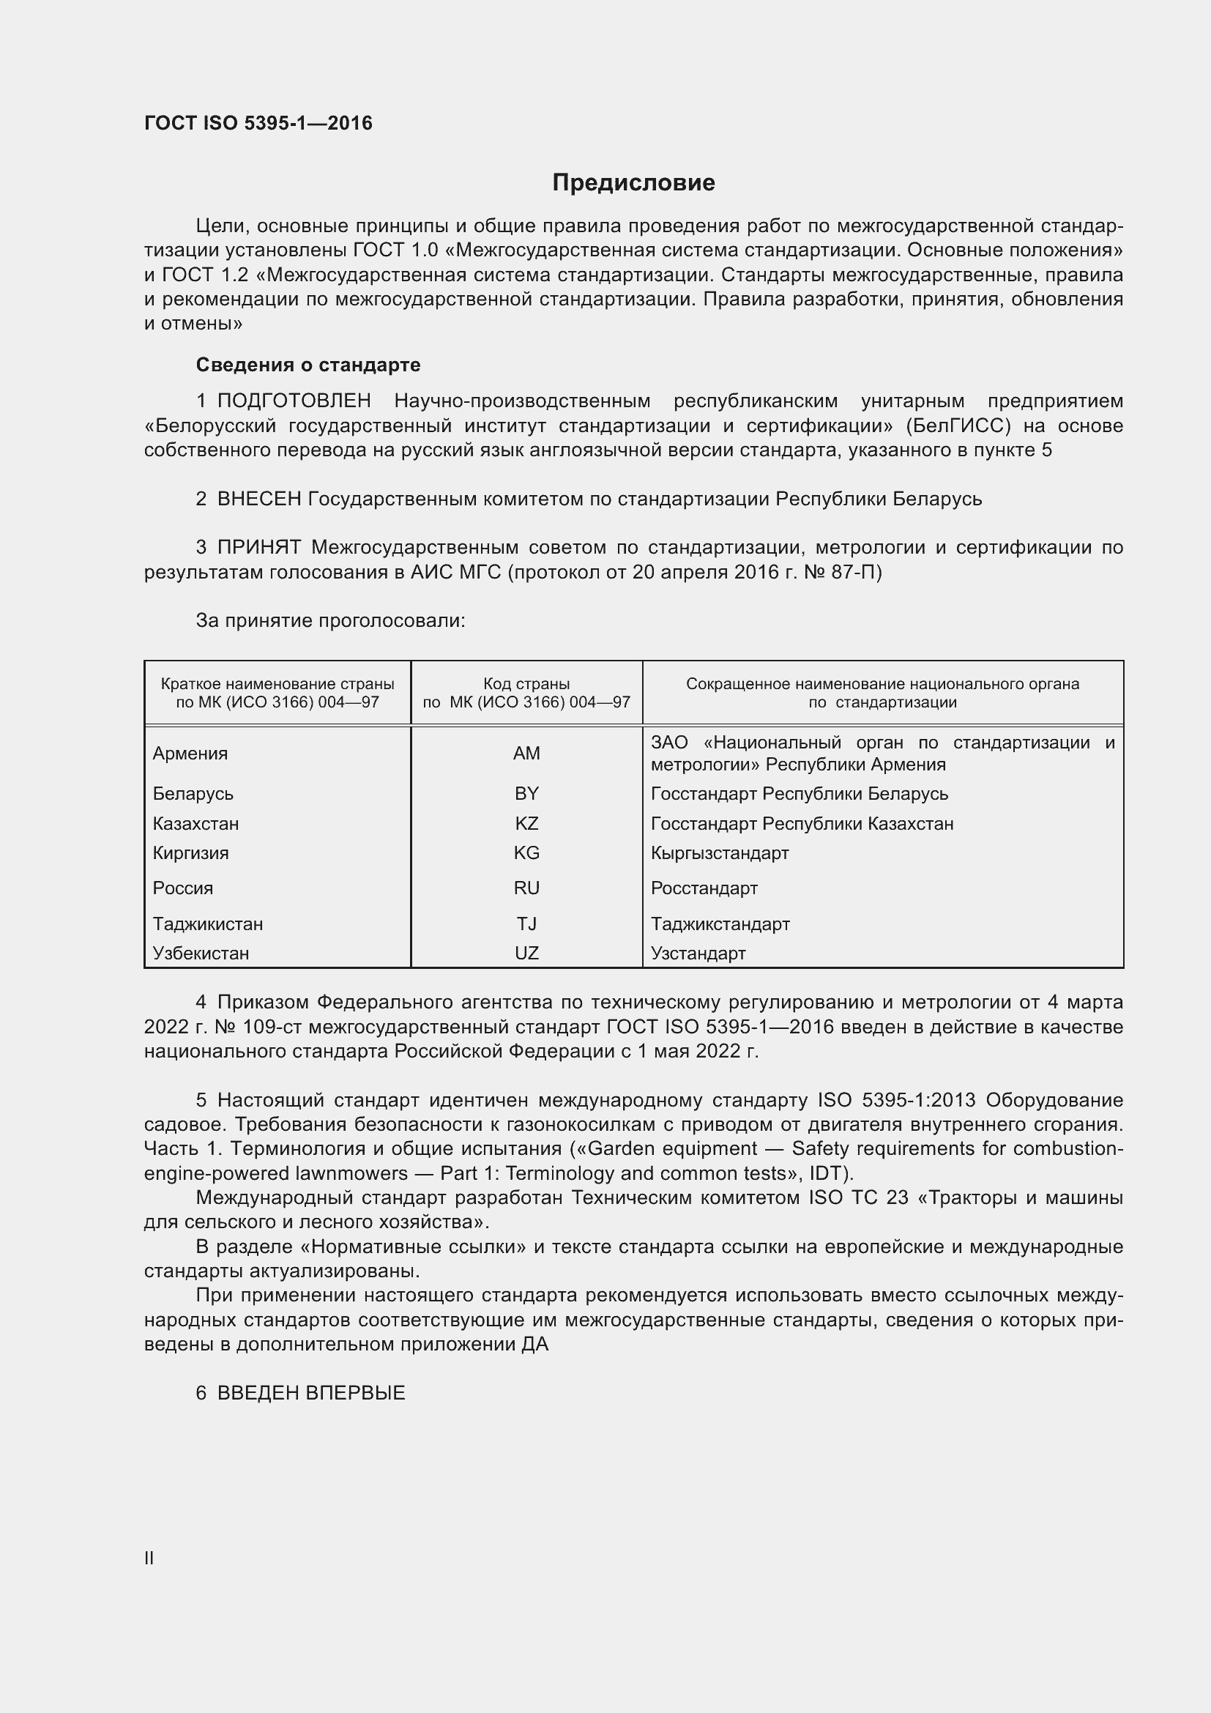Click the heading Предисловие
click(x=633, y=183)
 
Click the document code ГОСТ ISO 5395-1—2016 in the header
click(x=258, y=123)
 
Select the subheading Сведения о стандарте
click(x=308, y=365)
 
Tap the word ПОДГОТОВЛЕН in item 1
click(x=294, y=401)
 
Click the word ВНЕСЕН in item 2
click(x=258, y=499)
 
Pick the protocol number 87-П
click(x=855, y=572)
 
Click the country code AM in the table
click(x=526, y=753)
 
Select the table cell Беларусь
click(x=193, y=793)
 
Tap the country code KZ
click(x=526, y=823)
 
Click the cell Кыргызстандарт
click(x=720, y=852)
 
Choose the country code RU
click(x=526, y=888)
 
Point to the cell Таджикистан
click(x=207, y=924)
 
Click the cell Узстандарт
click(x=698, y=953)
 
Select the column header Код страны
click(x=526, y=683)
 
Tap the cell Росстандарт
click(x=704, y=888)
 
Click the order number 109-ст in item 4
click(x=271, y=1027)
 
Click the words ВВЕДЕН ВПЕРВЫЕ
click(x=311, y=1392)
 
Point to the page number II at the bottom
click(x=149, y=1558)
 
